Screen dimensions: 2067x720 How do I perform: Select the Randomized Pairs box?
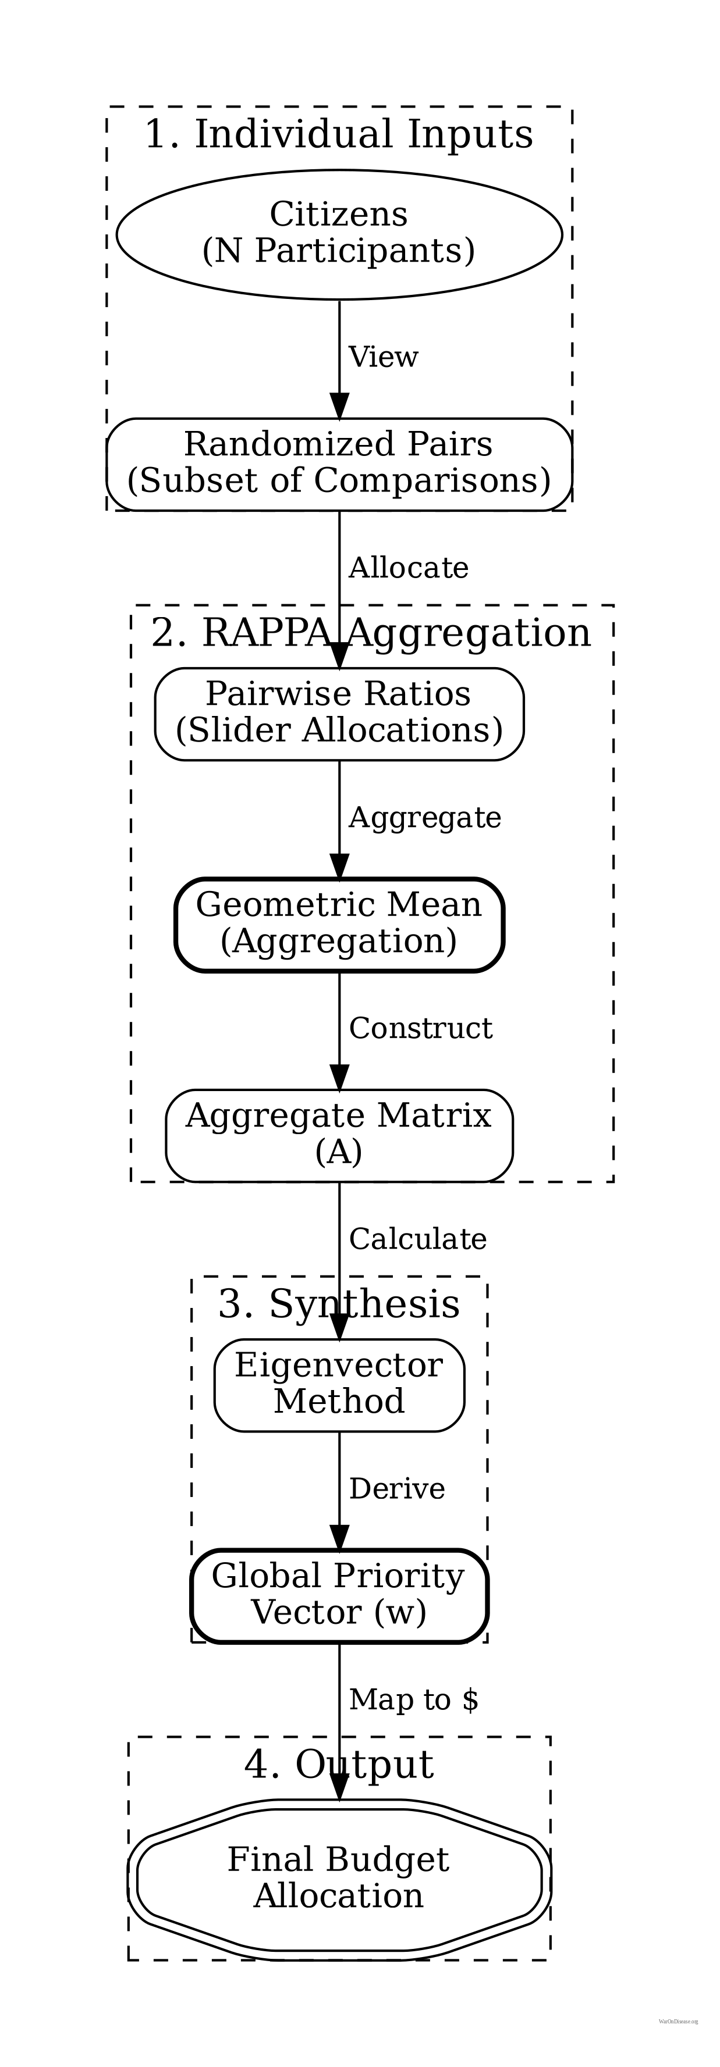point(339,463)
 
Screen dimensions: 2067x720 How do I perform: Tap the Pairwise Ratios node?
point(339,712)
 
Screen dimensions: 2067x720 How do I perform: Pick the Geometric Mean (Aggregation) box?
point(339,924)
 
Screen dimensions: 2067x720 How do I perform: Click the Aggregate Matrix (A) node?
point(339,1135)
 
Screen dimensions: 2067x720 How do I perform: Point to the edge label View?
point(383,357)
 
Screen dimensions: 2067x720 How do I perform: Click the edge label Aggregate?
point(425,818)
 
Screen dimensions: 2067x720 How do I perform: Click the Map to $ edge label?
point(413,1700)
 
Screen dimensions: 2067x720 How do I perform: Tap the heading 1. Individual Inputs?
point(339,134)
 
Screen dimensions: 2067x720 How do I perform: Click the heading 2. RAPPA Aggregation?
point(371,633)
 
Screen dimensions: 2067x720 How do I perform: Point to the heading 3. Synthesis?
point(339,1304)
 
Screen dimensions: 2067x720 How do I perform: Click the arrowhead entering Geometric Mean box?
point(339,867)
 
